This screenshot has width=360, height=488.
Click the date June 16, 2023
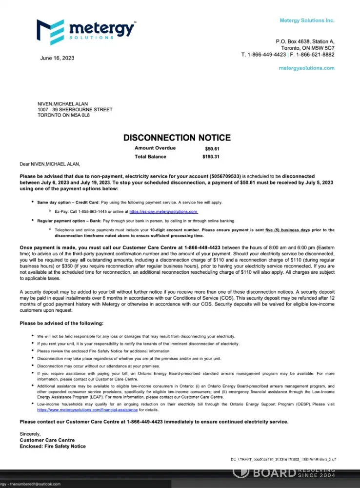tap(57, 58)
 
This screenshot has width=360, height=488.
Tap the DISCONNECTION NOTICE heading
tap(177, 138)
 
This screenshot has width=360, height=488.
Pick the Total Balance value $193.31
tap(211, 157)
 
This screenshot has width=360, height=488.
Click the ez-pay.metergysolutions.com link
tap(163, 212)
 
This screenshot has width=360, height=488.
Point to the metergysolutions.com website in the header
tap(306, 68)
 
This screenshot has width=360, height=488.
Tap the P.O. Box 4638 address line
tap(305, 41)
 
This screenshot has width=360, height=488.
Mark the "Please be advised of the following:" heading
tap(61, 323)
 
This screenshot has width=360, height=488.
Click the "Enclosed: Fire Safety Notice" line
tap(53, 446)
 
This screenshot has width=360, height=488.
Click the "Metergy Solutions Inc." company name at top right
tap(307, 20)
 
